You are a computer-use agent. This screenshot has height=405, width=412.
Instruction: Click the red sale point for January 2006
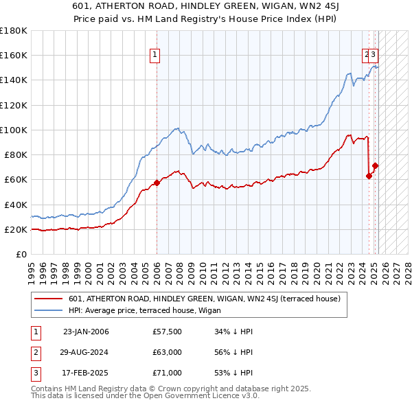[157, 183]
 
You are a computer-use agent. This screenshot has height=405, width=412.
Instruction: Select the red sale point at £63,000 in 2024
[369, 176]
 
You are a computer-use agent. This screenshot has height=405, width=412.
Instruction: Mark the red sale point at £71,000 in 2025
[375, 165]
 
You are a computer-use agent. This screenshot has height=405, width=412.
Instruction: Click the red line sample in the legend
[49, 299]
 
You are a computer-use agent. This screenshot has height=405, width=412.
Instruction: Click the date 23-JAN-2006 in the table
[86, 332]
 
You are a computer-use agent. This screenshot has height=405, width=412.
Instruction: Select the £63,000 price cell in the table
[168, 352]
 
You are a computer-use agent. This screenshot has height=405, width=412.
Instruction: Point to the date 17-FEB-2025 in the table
[86, 373]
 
